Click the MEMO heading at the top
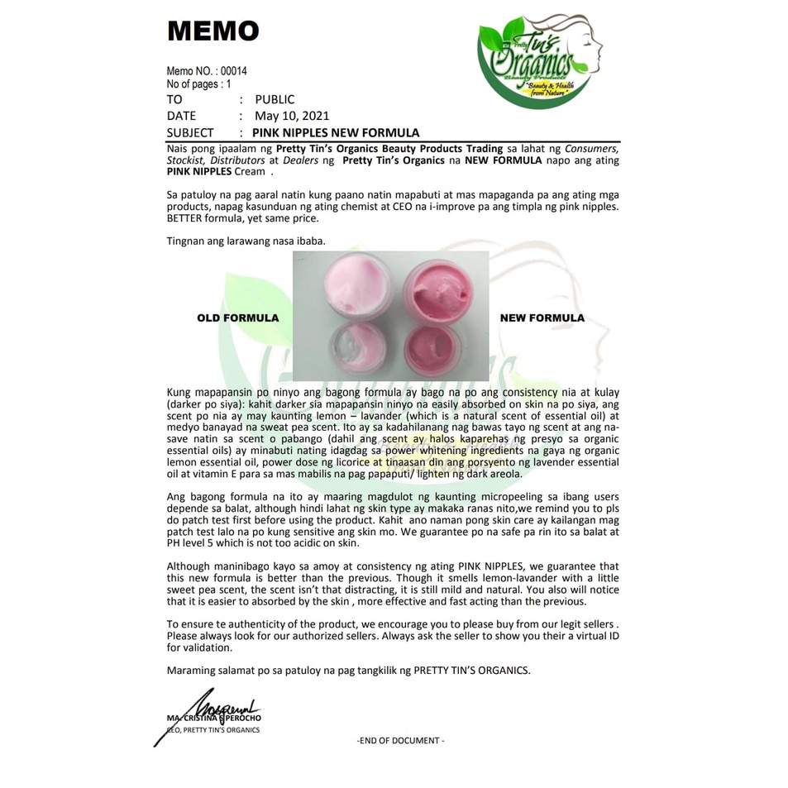pos(213,31)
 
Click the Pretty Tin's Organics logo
pos(539,62)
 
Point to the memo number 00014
pos(234,71)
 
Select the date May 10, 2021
pos(292,116)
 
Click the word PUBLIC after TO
pos(275,99)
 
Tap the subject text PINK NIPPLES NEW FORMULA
pos(335,132)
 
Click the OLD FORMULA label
pos(237,318)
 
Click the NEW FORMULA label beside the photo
pos(542,318)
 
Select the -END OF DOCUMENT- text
pos(400,740)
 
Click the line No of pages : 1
pos(199,84)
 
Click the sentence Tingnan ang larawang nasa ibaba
pos(246,241)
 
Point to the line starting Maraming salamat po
pos(347,670)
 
